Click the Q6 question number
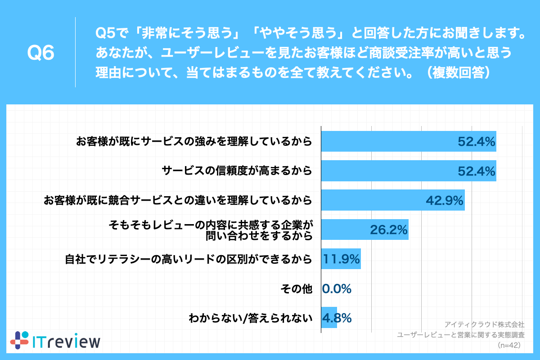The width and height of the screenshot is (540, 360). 41,53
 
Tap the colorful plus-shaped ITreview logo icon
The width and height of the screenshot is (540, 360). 19,340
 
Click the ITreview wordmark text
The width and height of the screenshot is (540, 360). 67,341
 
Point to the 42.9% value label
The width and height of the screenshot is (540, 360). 445,201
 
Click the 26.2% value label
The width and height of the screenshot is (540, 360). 389,230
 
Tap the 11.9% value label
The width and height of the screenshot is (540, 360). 342,259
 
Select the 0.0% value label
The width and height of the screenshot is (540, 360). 337,289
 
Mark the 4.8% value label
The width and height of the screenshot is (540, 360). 337,318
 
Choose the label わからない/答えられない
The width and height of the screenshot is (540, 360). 250,318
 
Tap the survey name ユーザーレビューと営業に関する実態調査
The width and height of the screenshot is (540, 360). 460,335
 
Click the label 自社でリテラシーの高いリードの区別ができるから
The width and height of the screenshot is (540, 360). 189,259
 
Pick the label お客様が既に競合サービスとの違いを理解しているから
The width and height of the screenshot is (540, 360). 178,201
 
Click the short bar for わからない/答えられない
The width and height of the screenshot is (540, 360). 329,318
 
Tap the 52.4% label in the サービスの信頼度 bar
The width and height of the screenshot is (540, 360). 477,171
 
